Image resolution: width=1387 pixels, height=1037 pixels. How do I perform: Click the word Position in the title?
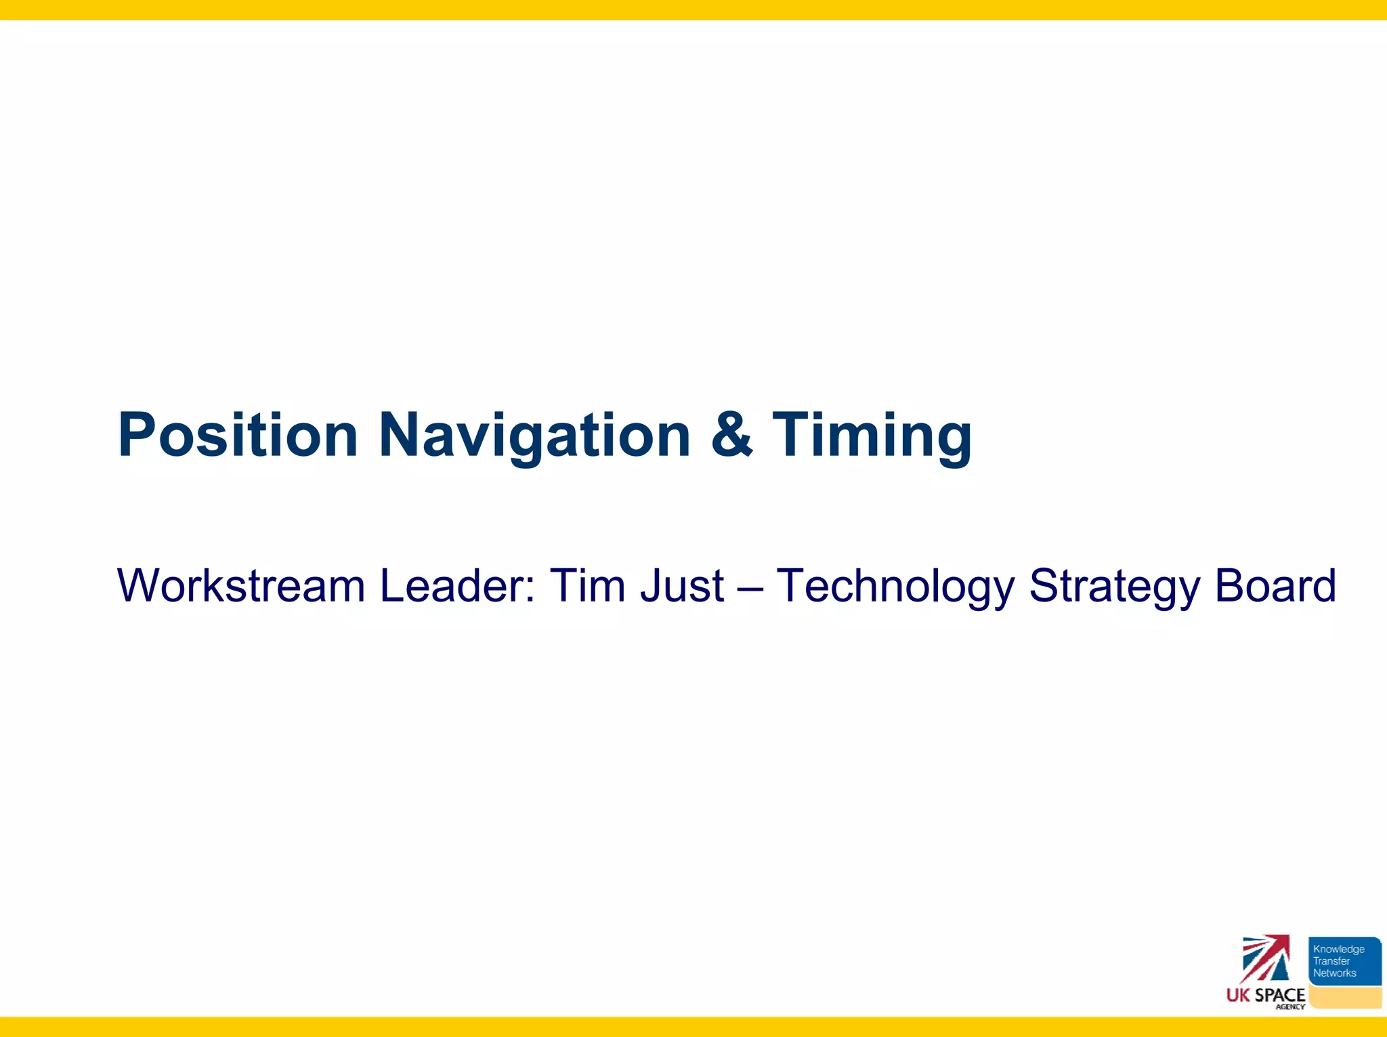[237, 436]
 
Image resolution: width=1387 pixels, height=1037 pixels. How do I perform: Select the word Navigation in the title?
[534, 436]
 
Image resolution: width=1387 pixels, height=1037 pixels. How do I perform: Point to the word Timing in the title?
[872, 436]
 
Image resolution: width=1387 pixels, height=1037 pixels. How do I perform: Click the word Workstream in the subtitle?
[241, 586]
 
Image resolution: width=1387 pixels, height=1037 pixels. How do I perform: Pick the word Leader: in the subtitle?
[458, 586]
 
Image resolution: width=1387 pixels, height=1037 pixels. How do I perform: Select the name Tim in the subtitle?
[587, 586]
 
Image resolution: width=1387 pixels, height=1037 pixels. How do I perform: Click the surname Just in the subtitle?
[682, 586]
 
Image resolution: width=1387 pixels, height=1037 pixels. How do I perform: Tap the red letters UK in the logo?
[1239, 995]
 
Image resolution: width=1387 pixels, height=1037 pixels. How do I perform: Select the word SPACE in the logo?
[1280, 995]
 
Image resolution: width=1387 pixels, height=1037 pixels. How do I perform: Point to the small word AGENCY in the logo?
[1290, 1007]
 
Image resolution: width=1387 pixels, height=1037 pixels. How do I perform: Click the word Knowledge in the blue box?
[1339, 949]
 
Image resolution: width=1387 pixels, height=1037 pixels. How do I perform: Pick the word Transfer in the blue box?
[1331, 961]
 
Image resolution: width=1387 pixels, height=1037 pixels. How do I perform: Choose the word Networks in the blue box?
[1335, 973]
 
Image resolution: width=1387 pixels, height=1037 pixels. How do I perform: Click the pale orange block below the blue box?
[1345, 997]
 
